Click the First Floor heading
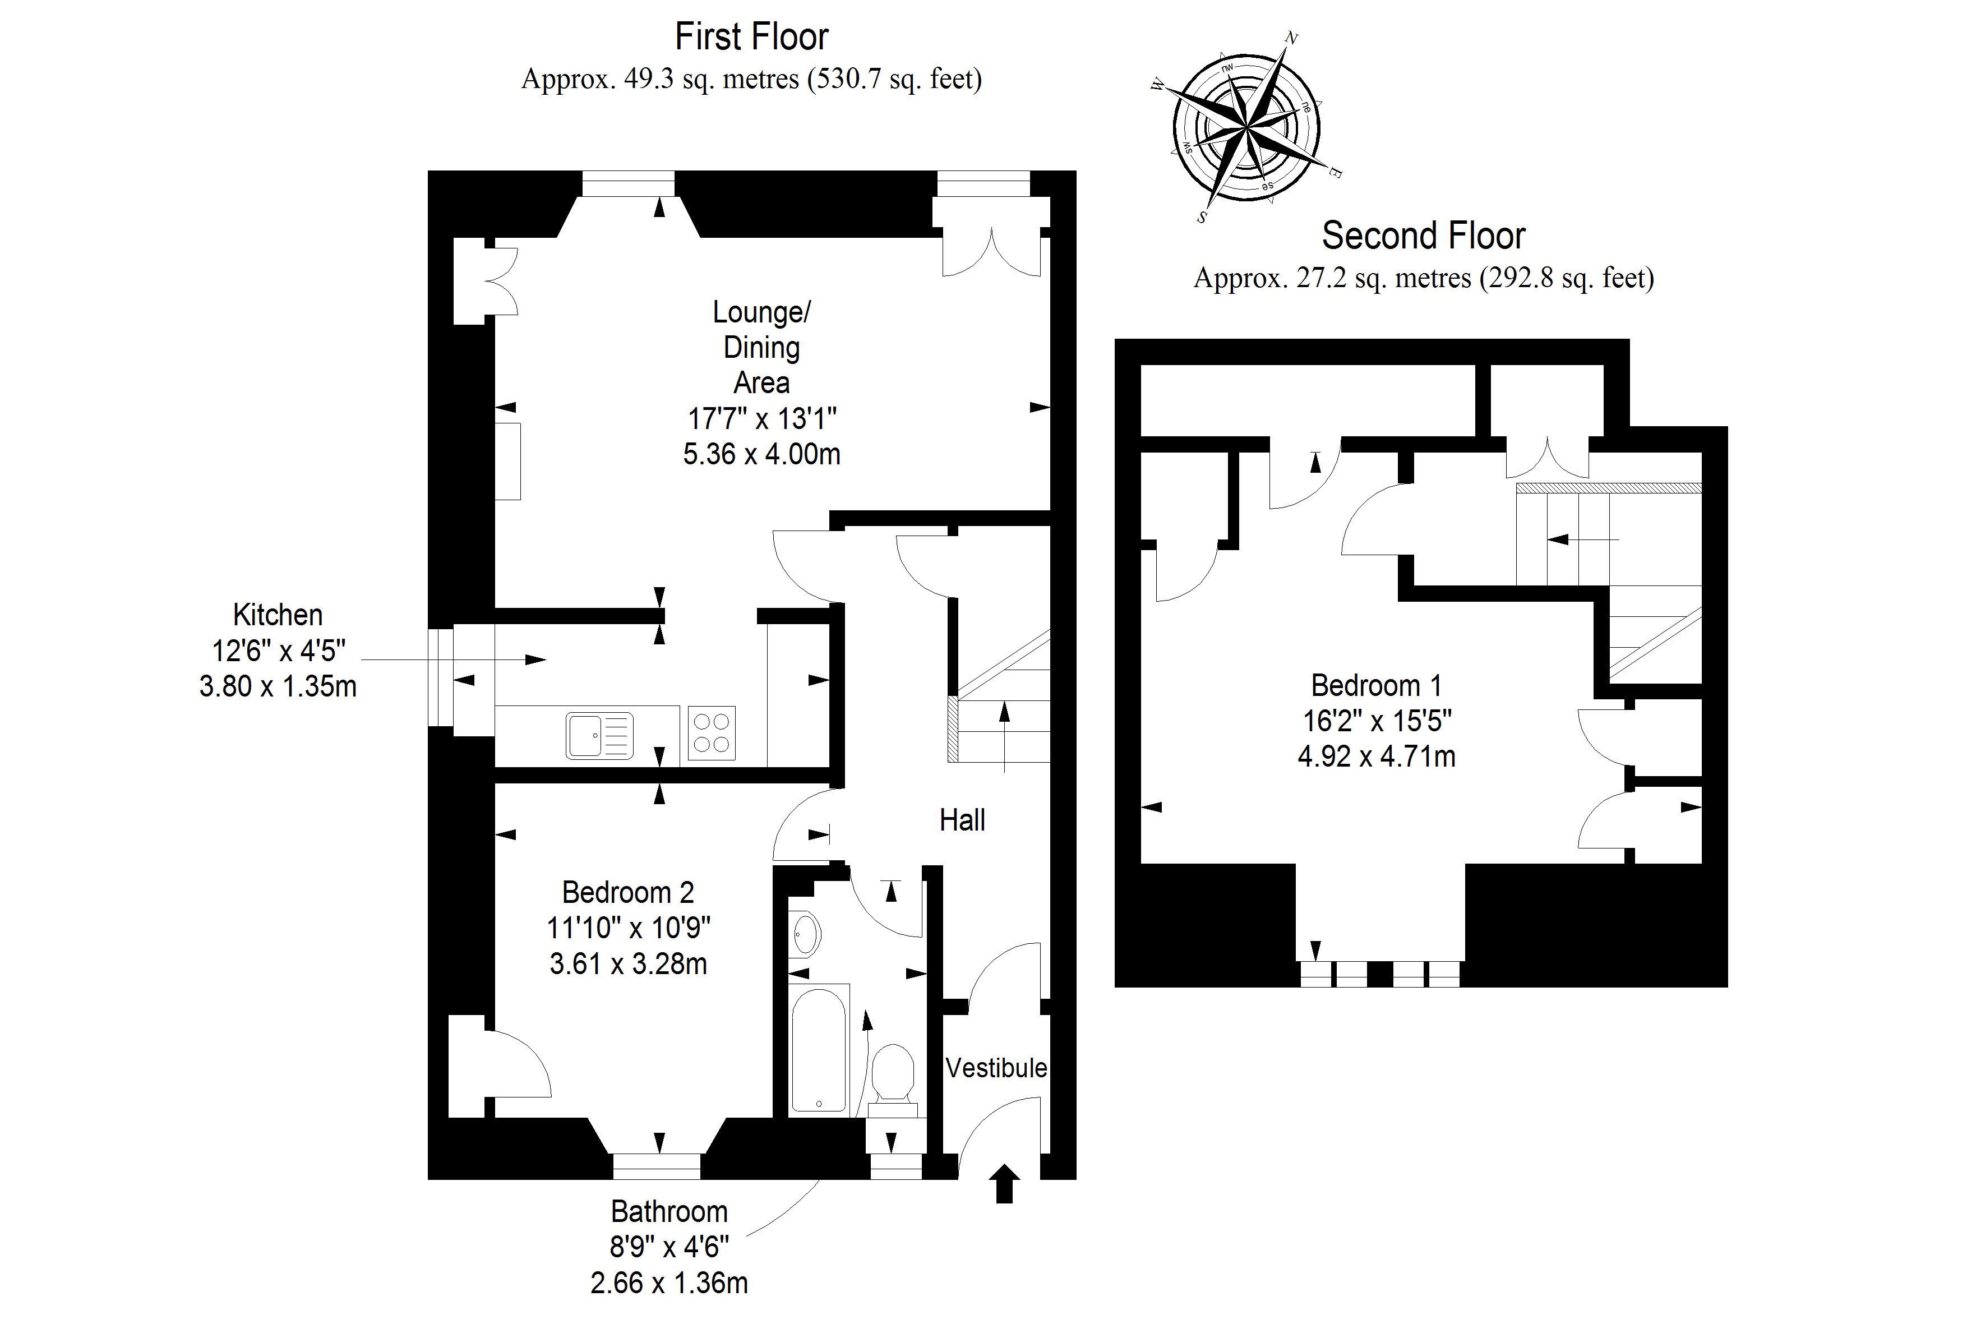751,37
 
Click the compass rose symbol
1246,130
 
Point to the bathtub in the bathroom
819,1049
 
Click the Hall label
962,820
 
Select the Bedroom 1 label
1376,685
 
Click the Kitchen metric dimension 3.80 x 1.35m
278,685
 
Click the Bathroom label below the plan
668,1212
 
